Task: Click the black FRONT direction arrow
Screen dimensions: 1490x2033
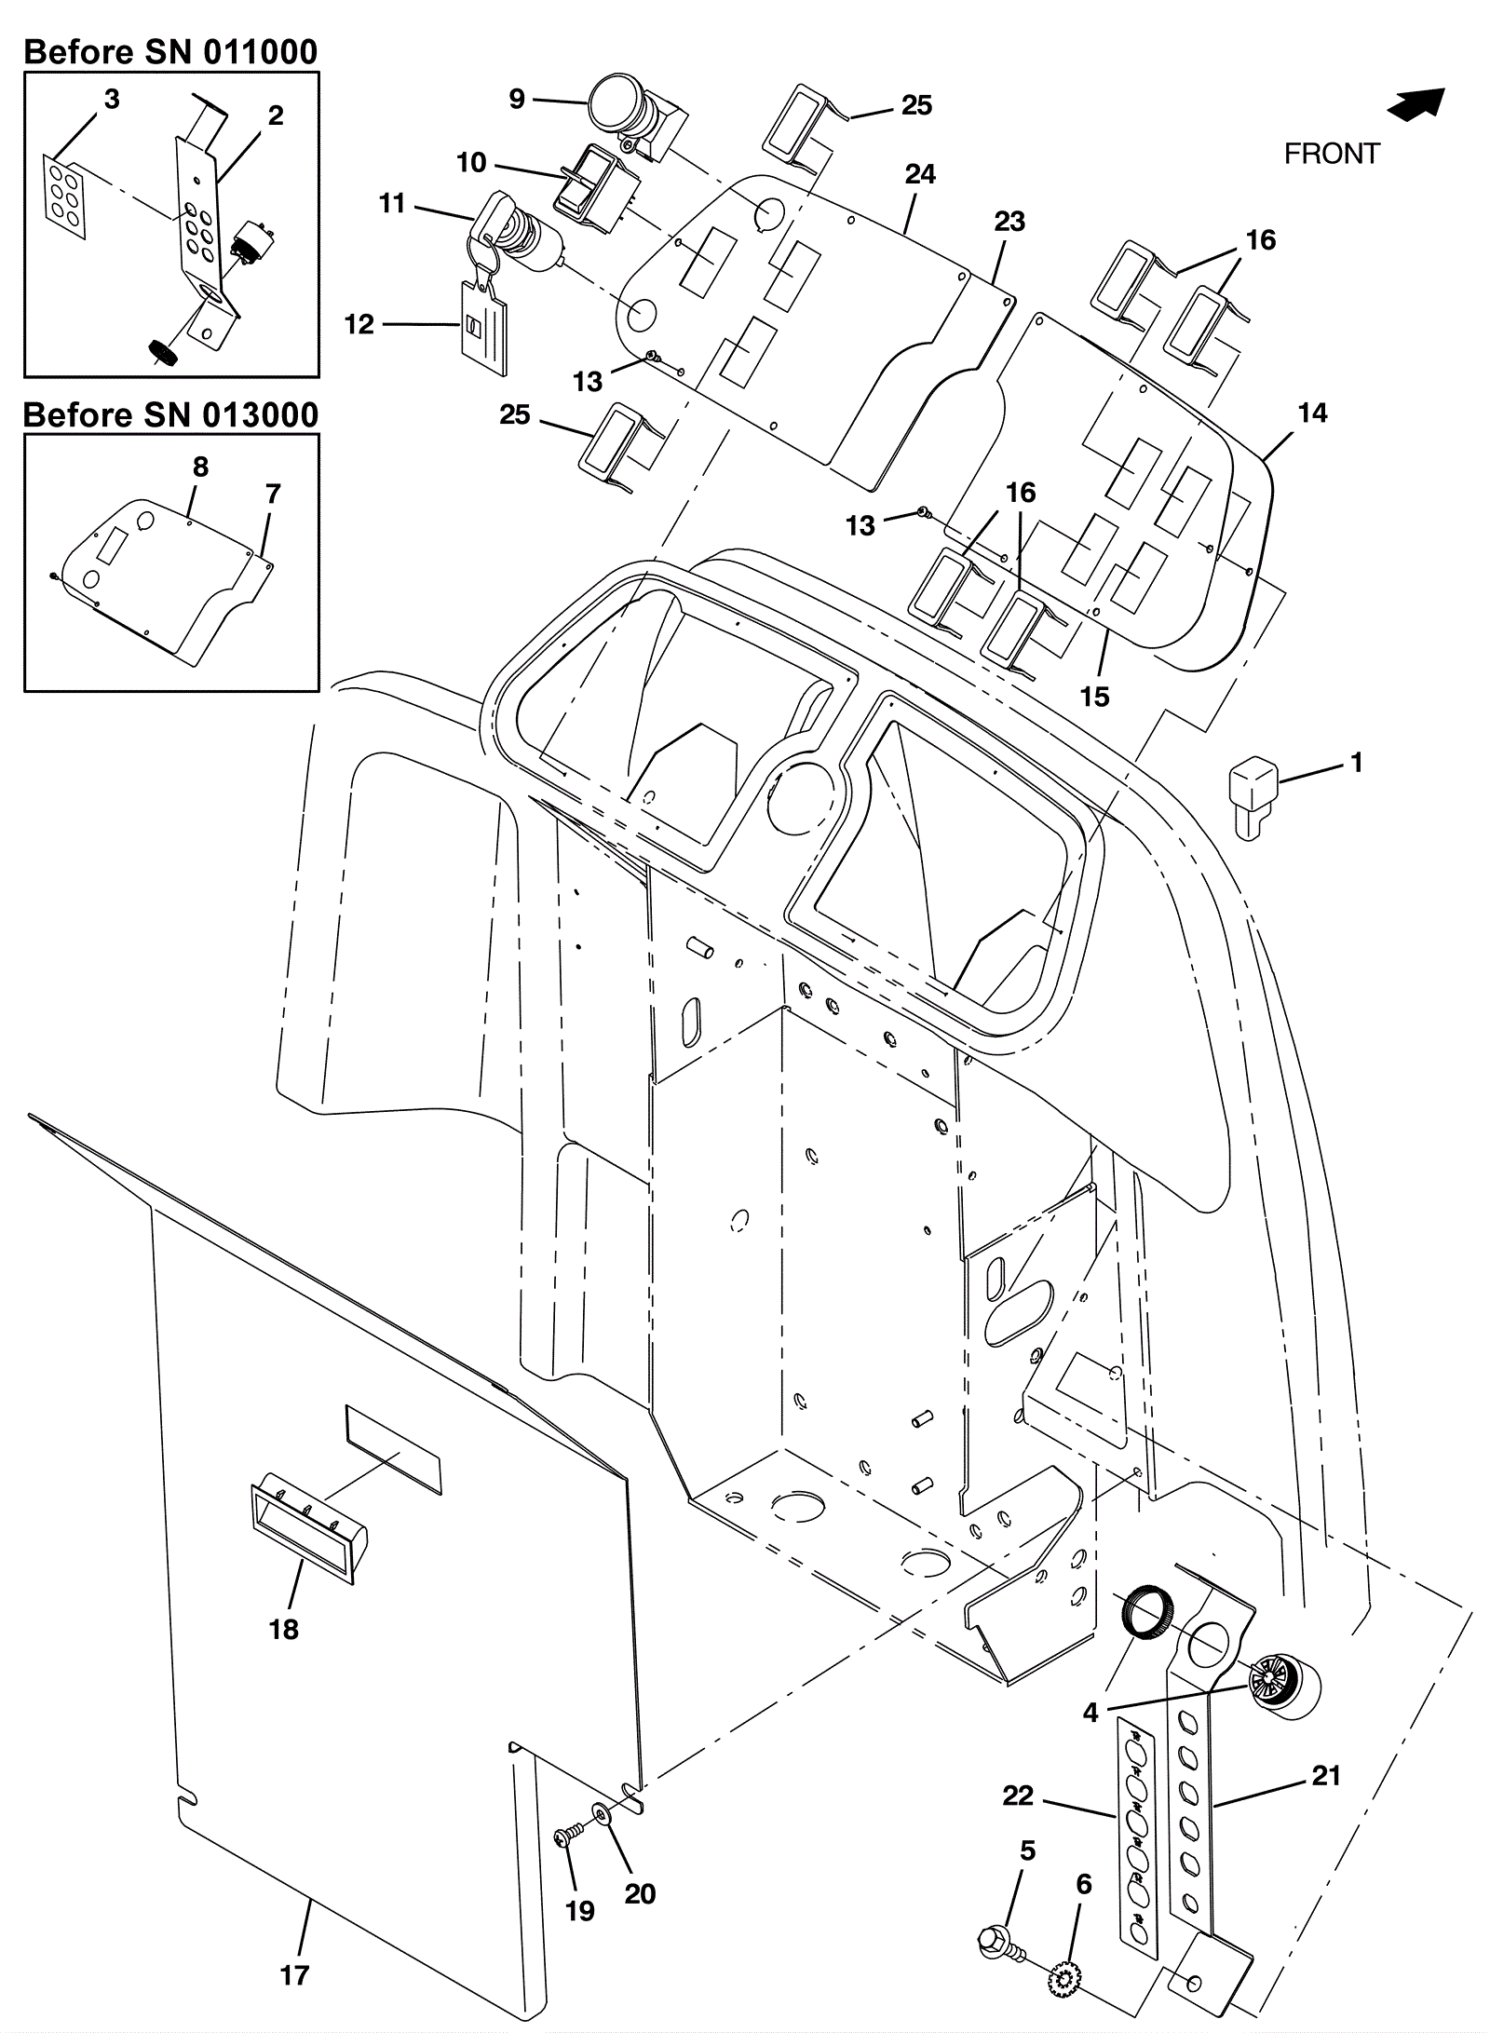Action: click(x=1416, y=103)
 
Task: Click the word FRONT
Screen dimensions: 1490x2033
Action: click(x=1332, y=154)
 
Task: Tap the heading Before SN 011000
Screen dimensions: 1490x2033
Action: click(x=170, y=52)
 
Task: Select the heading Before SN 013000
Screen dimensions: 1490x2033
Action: click(x=170, y=414)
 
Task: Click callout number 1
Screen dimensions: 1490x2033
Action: click(x=1357, y=763)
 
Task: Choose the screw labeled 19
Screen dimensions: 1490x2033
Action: click(x=566, y=1838)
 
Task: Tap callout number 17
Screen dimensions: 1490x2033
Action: click(x=294, y=1974)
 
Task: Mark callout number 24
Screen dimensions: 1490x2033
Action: click(x=920, y=174)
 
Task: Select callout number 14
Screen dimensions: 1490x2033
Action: click(x=1312, y=413)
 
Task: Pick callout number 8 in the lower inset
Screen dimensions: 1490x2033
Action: click(x=201, y=468)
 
